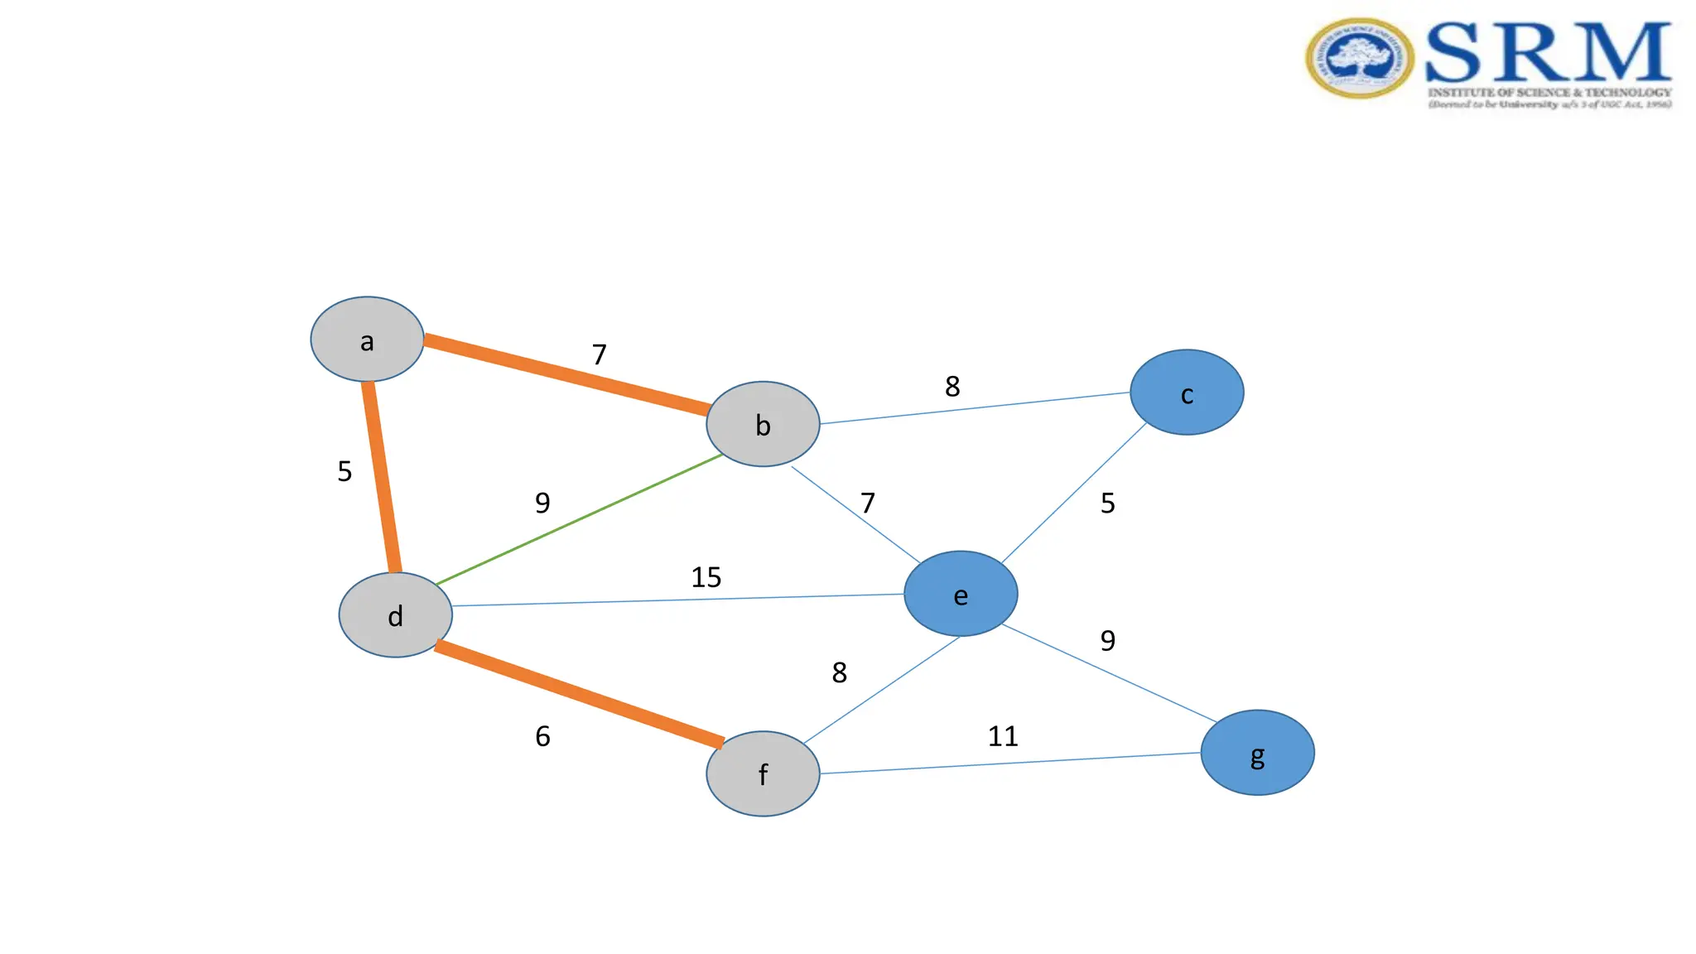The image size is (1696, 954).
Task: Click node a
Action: tap(367, 340)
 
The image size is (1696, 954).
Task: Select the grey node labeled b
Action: tap(763, 424)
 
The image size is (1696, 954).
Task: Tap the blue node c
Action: tap(1187, 393)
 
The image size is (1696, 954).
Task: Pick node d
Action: tap(396, 615)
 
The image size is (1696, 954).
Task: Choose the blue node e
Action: tap(961, 594)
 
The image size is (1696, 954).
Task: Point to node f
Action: tap(763, 773)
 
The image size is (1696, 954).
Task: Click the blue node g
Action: tap(1257, 753)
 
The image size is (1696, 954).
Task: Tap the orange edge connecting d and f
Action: tap(579, 694)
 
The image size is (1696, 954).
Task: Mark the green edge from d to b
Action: tap(580, 519)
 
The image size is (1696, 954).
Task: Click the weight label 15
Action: tap(706, 577)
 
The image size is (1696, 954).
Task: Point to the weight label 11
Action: tap(1003, 736)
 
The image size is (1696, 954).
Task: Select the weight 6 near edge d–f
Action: tap(542, 736)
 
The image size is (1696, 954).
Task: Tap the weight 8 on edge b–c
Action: tap(952, 386)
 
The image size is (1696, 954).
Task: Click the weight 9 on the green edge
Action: tap(542, 503)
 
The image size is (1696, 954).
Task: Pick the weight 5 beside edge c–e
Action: tap(1108, 503)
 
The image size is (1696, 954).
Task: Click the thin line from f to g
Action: tap(1010, 764)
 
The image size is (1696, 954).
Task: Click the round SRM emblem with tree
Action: tap(1359, 59)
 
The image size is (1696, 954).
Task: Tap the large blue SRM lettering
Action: tap(1548, 53)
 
